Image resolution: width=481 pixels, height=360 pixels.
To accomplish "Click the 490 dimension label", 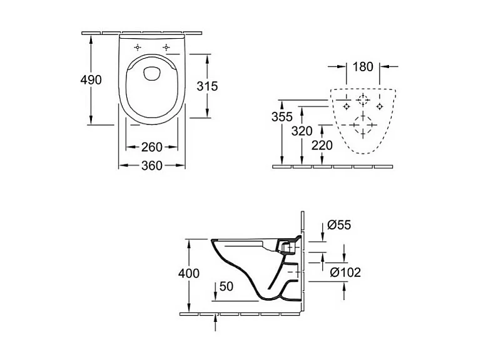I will pos(91,80).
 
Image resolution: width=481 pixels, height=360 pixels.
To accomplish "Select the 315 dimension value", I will pos(208,86).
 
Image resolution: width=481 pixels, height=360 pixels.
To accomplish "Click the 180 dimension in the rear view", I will pos(363,66).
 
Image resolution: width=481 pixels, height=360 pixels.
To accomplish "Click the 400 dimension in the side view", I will pos(188,273).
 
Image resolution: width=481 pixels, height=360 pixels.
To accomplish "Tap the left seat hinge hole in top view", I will pos(137,47).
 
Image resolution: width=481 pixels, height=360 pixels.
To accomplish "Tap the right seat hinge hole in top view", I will pos(166,47).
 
